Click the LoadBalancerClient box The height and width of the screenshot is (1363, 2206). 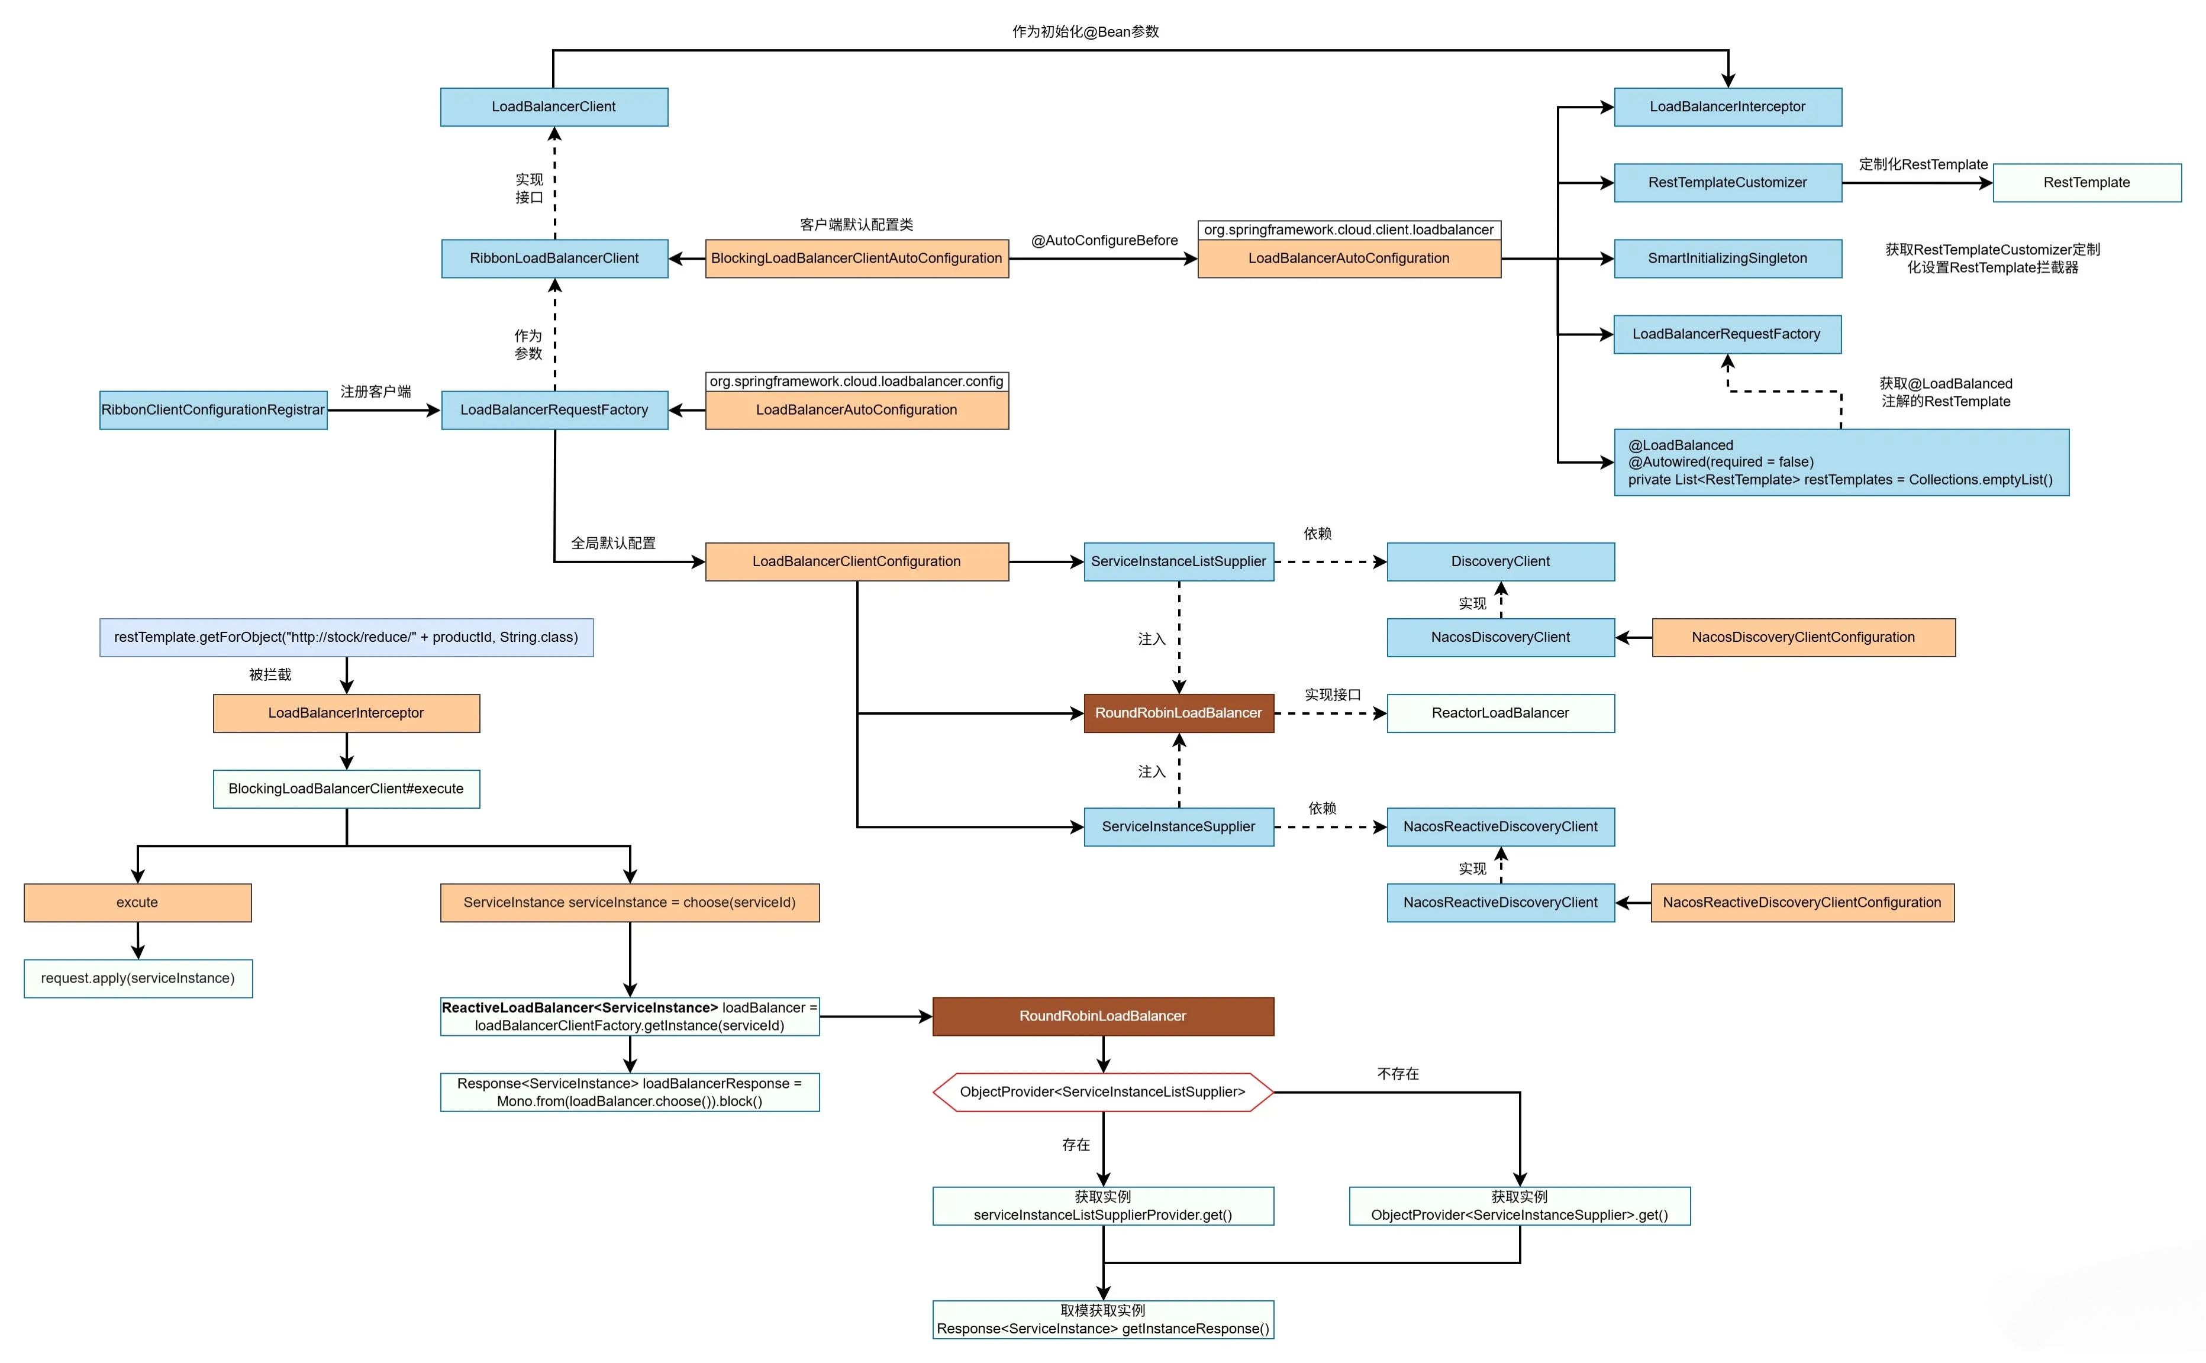coord(553,106)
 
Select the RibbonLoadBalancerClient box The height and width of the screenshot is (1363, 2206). coord(553,258)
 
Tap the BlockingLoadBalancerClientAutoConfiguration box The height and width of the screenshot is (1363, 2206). coord(856,258)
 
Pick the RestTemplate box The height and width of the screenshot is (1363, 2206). coord(2085,182)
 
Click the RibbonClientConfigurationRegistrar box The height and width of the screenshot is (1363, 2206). coord(213,409)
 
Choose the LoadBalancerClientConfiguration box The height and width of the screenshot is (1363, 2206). coord(856,561)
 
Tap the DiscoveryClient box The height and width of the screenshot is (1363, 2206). coord(1499,561)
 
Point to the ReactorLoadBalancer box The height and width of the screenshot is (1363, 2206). coord(1499,712)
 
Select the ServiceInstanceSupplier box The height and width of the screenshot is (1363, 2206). coord(1178,826)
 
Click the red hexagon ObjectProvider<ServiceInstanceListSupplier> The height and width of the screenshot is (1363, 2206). coord(1102,1091)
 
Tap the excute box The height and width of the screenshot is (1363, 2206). coord(137,902)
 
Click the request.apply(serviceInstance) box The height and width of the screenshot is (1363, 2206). coord(137,977)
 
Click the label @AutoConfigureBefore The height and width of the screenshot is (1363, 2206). coord(1104,240)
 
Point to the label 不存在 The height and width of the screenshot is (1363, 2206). coord(1397,1073)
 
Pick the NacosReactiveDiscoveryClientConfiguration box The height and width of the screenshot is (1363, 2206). coord(1801,902)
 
